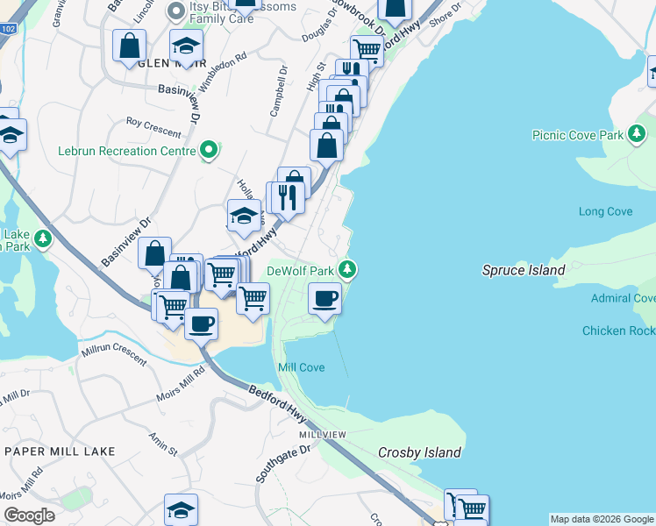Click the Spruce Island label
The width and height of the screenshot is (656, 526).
point(524,270)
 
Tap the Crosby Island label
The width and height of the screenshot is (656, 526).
point(419,452)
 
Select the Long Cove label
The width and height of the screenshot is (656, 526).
point(605,211)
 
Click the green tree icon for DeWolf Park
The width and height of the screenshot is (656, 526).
point(349,269)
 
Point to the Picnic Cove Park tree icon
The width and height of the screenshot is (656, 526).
point(637,134)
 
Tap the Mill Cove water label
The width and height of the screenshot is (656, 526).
point(301,367)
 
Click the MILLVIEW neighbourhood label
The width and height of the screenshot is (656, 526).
point(323,435)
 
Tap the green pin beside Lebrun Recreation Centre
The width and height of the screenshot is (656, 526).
point(209,151)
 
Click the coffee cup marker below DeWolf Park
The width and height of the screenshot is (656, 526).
point(324,298)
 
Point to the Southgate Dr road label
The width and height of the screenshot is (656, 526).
point(283,465)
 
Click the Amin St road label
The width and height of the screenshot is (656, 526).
point(163,444)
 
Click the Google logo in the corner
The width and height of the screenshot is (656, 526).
point(29,515)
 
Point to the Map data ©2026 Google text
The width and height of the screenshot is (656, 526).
point(602,519)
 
